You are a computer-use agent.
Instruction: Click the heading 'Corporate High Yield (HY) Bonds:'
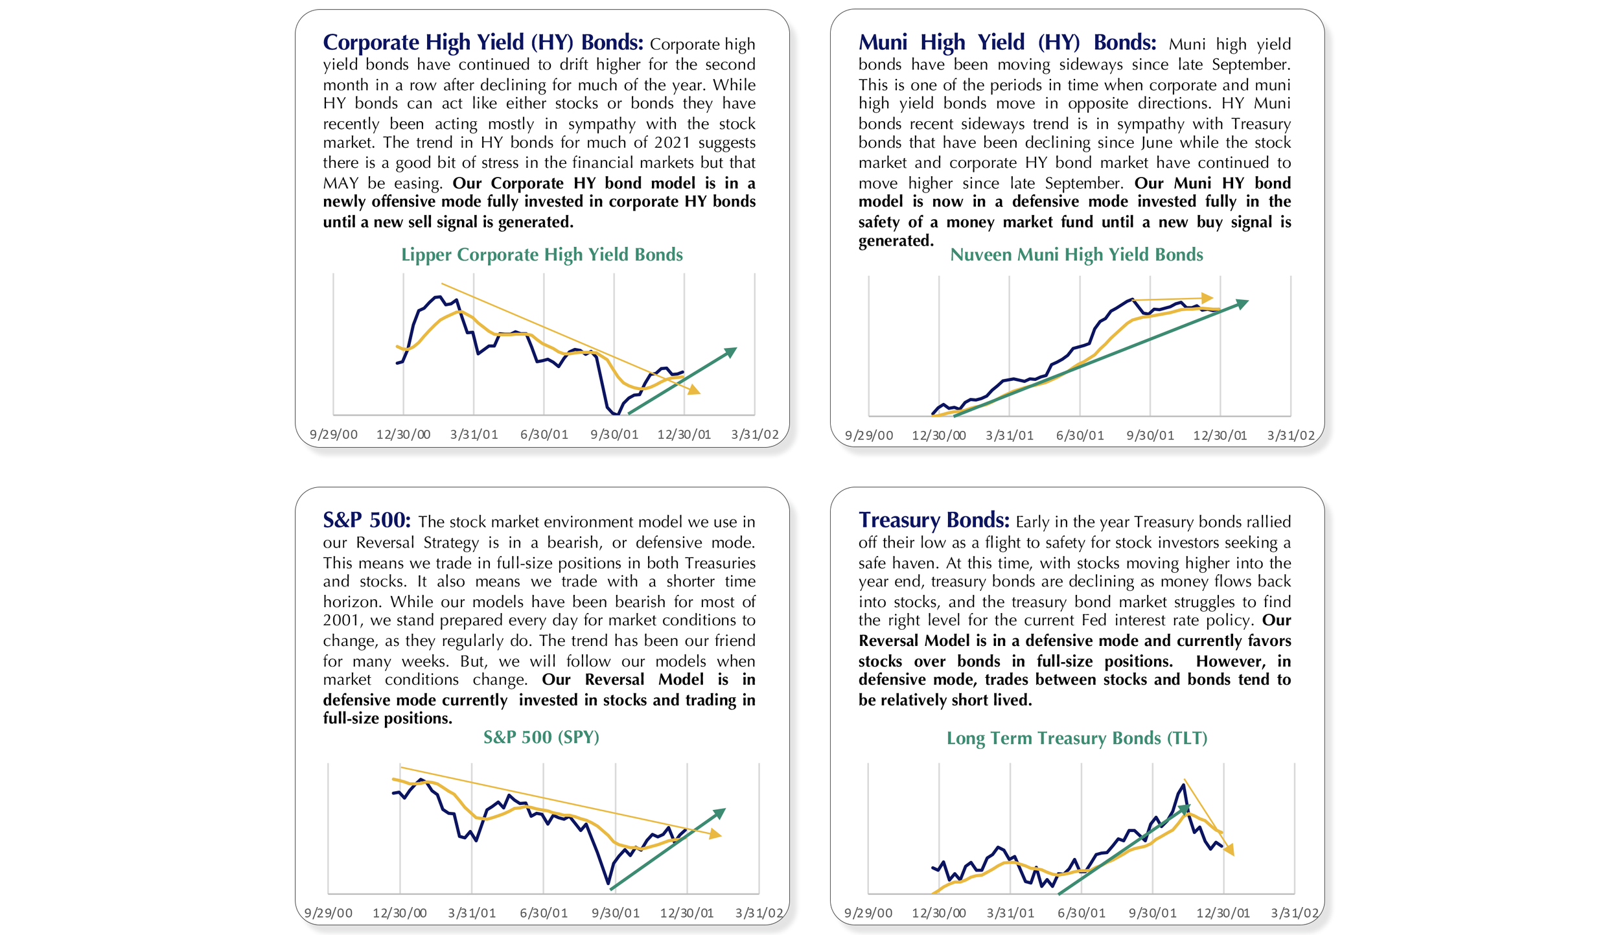(x=483, y=43)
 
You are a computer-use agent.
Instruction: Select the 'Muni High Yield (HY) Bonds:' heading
(x=1007, y=43)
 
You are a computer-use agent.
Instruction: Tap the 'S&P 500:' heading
(x=367, y=520)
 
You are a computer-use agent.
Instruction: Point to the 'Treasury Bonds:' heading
(x=934, y=520)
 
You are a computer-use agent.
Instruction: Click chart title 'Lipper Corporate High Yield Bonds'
(x=542, y=255)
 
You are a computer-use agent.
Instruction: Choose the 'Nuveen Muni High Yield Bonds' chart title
(x=1076, y=255)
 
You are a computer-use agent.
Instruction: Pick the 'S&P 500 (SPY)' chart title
(x=541, y=737)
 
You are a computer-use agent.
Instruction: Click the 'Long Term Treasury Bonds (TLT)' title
(x=1077, y=739)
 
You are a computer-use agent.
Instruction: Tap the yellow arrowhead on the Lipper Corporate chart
(x=694, y=390)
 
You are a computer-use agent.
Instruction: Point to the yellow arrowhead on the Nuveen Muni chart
(x=1207, y=298)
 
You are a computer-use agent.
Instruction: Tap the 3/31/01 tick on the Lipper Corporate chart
(x=474, y=435)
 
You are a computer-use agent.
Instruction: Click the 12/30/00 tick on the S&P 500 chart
(x=399, y=914)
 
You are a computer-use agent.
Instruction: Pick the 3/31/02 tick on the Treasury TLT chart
(x=1294, y=914)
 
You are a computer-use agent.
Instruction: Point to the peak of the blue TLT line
(x=1183, y=785)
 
